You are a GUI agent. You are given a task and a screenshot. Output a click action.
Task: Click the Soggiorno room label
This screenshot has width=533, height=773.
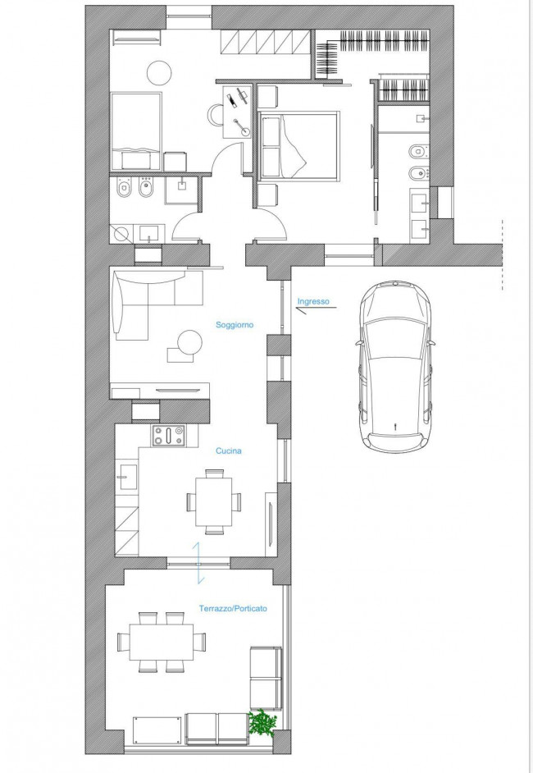pyautogui.click(x=235, y=325)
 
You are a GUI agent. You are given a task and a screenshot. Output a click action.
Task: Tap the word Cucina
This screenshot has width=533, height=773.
pyautogui.click(x=229, y=451)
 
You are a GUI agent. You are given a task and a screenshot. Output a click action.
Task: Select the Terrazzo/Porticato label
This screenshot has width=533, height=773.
pyautogui.click(x=233, y=608)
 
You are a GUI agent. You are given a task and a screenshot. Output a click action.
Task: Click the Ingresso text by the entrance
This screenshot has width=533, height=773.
pyautogui.click(x=313, y=301)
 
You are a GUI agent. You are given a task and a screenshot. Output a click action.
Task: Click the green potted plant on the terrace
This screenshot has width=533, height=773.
pyautogui.click(x=262, y=723)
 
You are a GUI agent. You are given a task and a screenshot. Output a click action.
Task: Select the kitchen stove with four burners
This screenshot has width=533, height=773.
pyautogui.click(x=168, y=436)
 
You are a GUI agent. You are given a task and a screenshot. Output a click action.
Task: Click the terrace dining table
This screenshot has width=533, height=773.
pyautogui.click(x=162, y=642)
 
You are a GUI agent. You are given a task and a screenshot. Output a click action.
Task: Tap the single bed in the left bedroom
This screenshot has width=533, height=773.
pyautogui.click(x=136, y=131)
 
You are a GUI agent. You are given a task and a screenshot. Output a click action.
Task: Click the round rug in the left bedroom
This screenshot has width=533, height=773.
pyautogui.click(x=159, y=72)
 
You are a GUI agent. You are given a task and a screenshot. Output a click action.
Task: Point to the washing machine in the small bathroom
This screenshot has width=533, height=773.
pyautogui.click(x=121, y=234)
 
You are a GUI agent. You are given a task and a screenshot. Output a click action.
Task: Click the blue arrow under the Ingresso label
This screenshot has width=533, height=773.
pyautogui.click(x=316, y=309)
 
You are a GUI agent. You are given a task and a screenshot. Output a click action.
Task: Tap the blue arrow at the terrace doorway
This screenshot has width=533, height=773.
pyautogui.click(x=198, y=562)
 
